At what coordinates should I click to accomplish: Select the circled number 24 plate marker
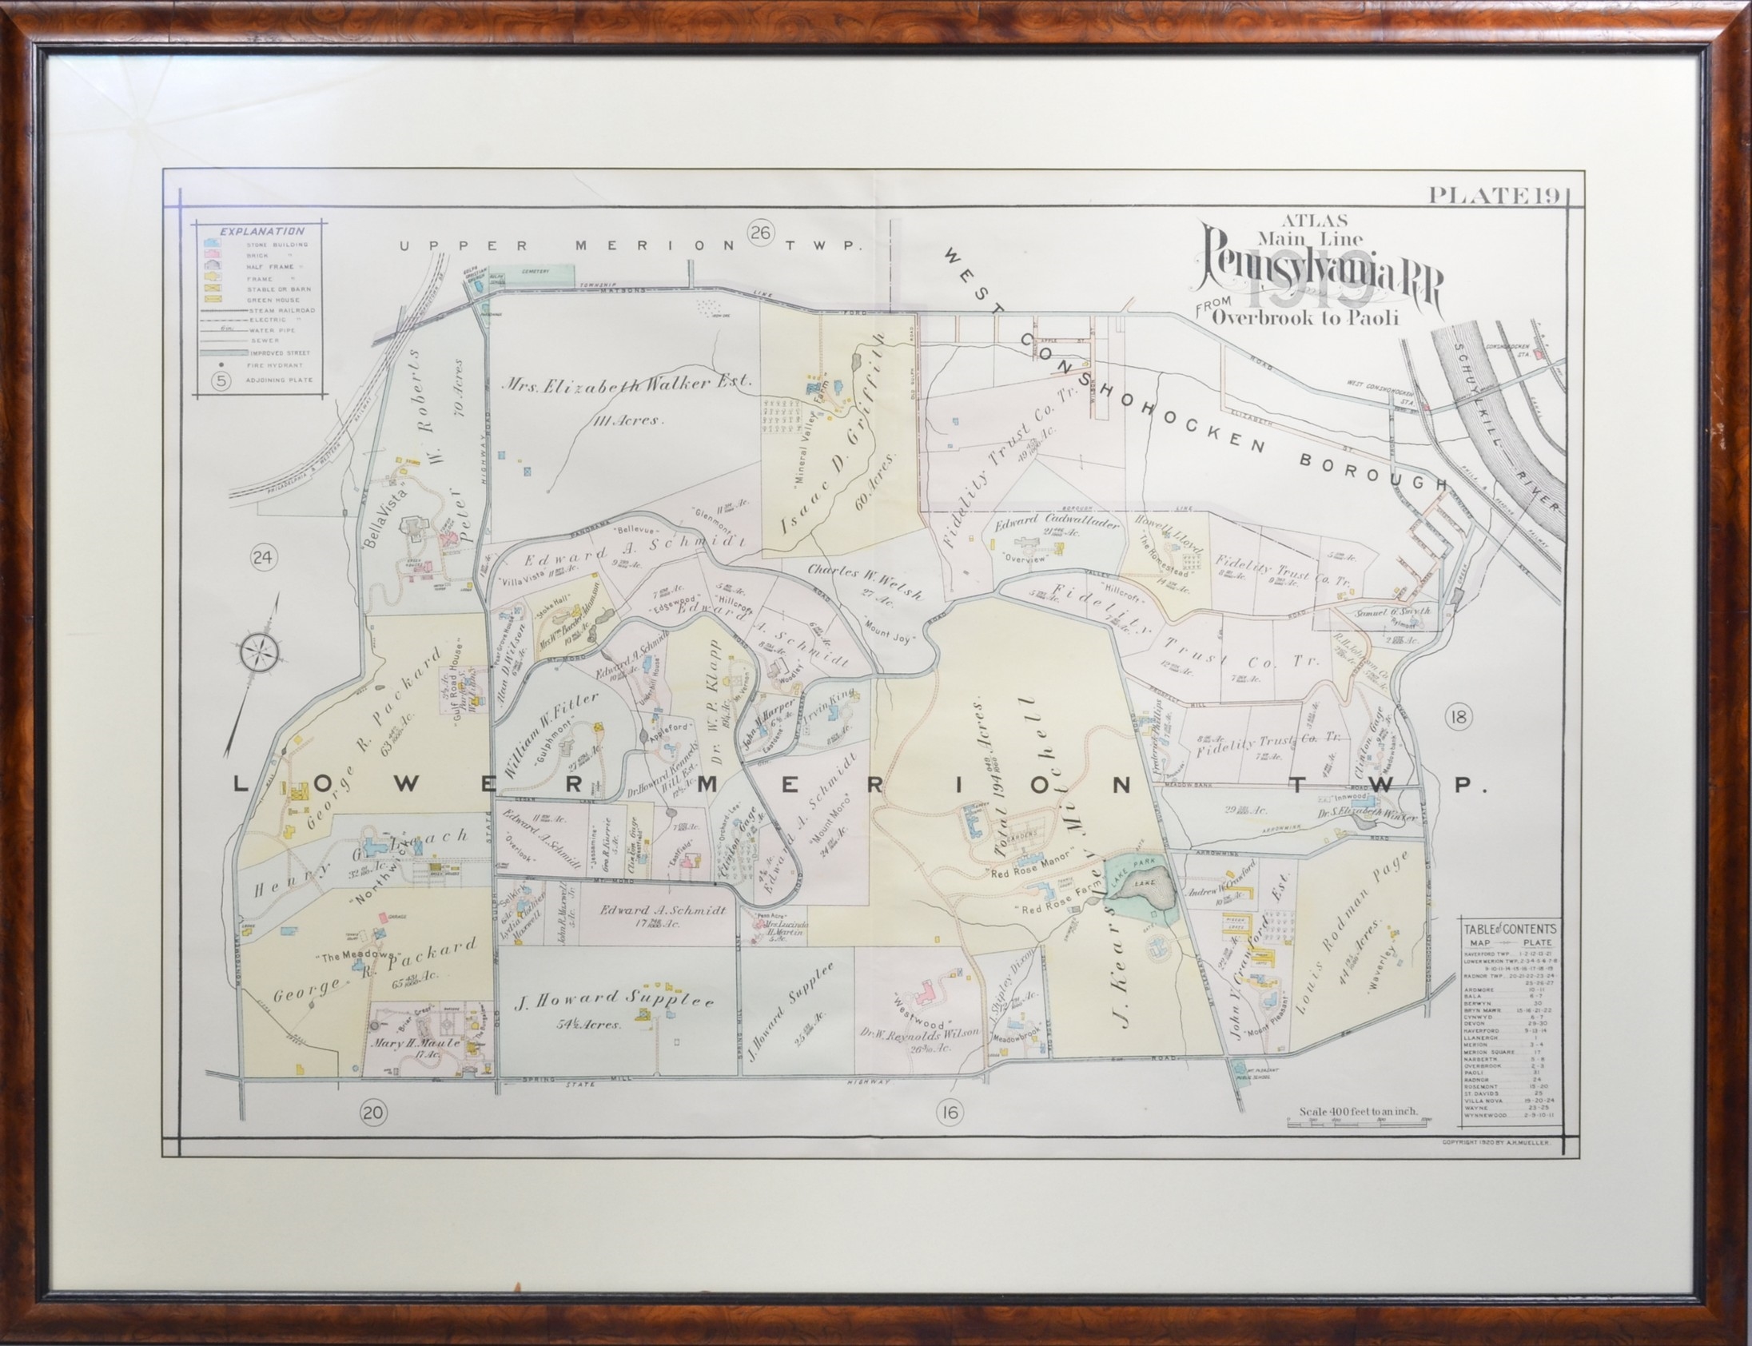(x=262, y=558)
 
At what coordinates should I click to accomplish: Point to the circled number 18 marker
(x=1458, y=717)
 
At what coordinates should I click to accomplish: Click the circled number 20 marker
(x=373, y=1111)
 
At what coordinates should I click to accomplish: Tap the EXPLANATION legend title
(x=262, y=232)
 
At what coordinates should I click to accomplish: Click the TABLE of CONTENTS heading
(x=1509, y=929)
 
